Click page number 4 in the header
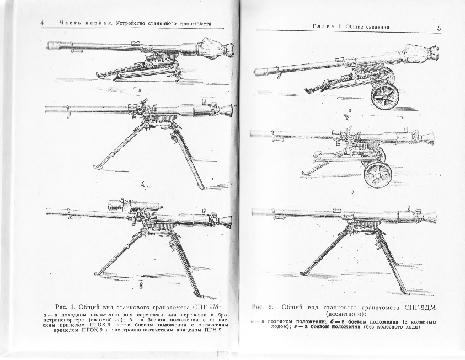pyautogui.click(x=42, y=23)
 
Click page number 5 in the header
pyautogui.click(x=439, y=28)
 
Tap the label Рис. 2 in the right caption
pyautogui.click(x=263, y=307)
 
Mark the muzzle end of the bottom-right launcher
pyautogui.click(x=255, y=212)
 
